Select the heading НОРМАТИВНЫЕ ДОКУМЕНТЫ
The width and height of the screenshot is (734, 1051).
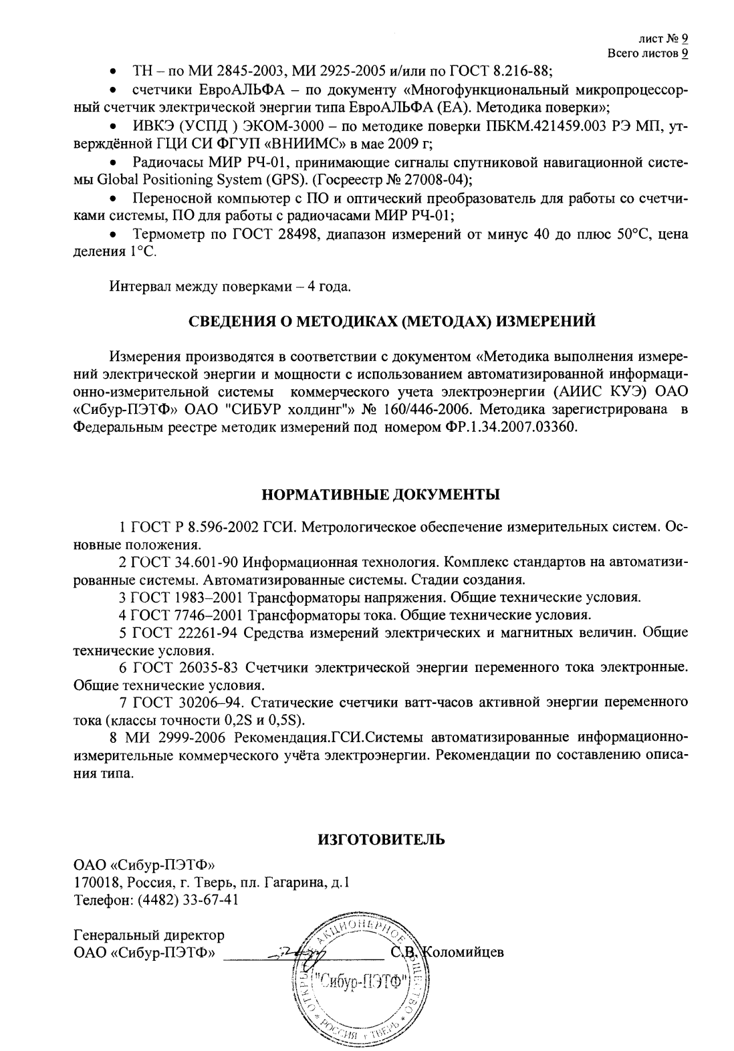click(380, 495)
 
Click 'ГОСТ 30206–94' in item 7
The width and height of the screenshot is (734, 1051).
click(189, 703)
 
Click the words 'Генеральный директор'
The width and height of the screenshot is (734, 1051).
click(148, 934)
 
